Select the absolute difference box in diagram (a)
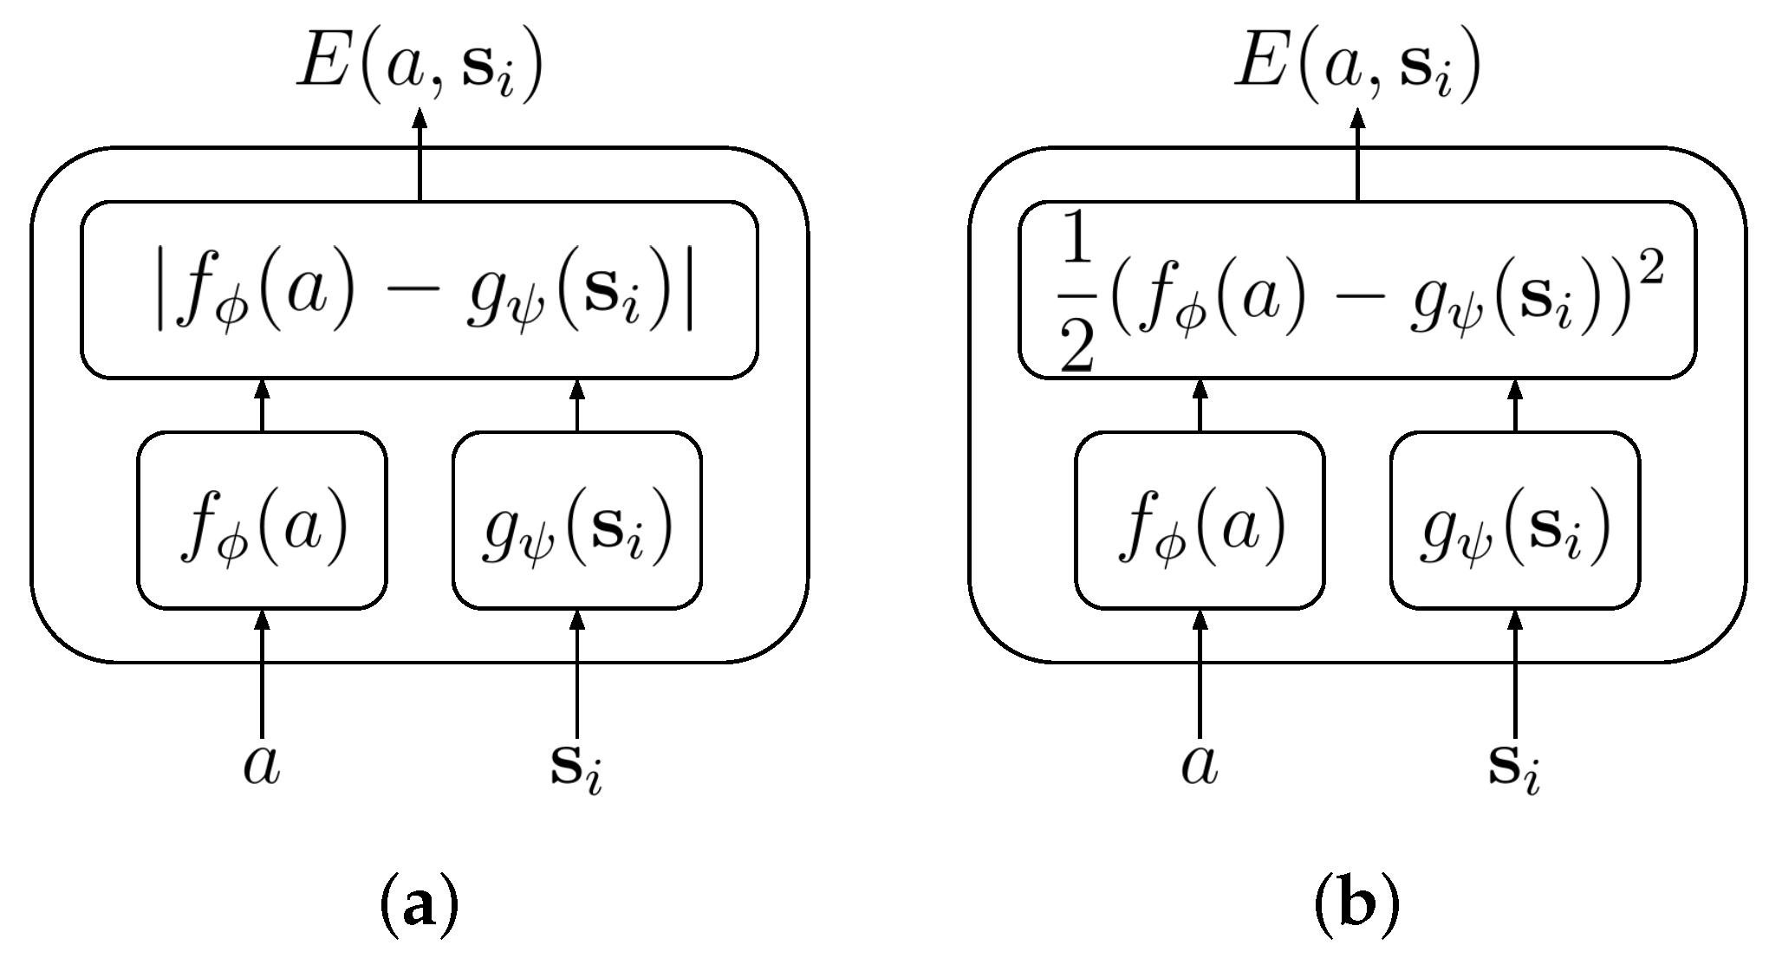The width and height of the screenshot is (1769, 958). [419, 291]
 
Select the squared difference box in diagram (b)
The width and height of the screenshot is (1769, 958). [1356, 291]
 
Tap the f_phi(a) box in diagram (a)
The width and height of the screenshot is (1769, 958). [262, 521]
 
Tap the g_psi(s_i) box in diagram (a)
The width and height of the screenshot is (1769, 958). [577, 521]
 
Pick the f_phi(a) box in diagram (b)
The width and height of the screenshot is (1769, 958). [1200, 521]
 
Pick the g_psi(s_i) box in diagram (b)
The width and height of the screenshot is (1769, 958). [1515, 521]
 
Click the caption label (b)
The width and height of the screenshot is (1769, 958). [1356, 908]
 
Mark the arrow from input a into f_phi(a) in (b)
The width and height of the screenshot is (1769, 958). [1200, 676]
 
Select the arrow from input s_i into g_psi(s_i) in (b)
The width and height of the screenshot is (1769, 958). [1515, 676]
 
